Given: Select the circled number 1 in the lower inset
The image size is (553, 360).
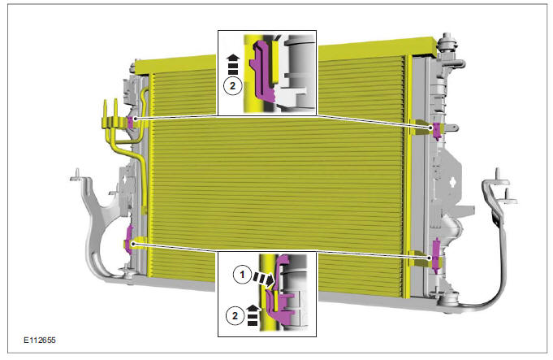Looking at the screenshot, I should click(241, 275).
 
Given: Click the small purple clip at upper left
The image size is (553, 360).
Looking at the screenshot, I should click(130, 122).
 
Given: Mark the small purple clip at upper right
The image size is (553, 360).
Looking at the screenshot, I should click(438, 129).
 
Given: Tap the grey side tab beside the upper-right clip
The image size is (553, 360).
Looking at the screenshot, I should click(451, 128).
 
